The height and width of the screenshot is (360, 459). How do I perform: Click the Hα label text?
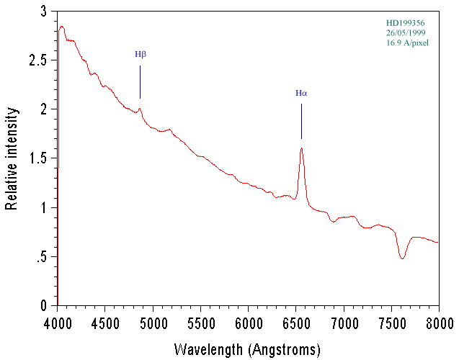(301, 93)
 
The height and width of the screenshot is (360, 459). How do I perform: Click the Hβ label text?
(140, 54)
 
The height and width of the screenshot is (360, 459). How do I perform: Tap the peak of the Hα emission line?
(301, 148)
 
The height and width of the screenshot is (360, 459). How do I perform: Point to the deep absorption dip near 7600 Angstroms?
(402, 256)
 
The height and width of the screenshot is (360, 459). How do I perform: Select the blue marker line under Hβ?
(140, 82)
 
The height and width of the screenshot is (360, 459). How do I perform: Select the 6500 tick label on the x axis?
(295, 320)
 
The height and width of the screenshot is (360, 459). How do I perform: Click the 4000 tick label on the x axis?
(58, 320)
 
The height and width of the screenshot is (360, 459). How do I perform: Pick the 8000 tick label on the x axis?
(438, 320)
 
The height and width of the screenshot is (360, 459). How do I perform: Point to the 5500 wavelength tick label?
(200, 320)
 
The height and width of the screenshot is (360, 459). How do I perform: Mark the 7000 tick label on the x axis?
(343, 320)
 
